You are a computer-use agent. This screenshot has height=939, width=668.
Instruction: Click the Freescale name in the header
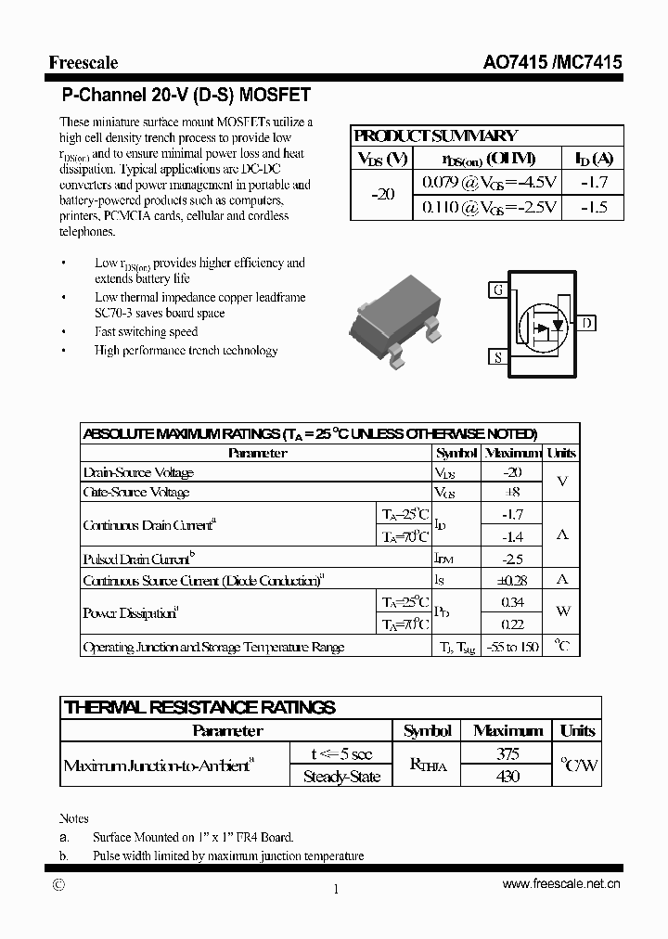coord(83,63)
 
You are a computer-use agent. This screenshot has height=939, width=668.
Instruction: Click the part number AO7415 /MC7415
coord(552,63)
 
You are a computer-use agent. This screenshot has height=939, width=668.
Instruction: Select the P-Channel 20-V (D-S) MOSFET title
coord(186,95)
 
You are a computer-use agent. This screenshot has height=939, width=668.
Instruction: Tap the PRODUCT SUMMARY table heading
coord(436,135)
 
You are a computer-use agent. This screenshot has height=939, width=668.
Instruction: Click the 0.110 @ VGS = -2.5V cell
coord(489,208)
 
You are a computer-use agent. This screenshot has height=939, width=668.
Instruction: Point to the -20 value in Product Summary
coord(382,195)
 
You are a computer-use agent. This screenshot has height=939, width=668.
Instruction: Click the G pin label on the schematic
coord(498,289)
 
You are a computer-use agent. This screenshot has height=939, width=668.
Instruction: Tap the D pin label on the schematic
coord(588,323)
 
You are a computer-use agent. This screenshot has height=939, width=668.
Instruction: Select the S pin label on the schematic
coord(498,356)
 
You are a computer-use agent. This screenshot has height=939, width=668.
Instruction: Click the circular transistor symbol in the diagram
coord(543,325)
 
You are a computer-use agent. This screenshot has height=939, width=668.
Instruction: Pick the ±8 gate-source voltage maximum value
coord(512,493)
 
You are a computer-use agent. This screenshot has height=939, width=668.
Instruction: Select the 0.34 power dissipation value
coord(512,603)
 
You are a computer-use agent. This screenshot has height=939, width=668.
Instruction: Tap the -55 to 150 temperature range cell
coord(512,647)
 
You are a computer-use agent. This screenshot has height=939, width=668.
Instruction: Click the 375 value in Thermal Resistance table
coord(507,754)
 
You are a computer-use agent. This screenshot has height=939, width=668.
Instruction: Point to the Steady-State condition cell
coord(341,777)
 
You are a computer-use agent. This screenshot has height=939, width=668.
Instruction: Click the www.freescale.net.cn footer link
coord(561,884)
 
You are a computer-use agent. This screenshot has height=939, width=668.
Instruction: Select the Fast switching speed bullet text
coord(147,331)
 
